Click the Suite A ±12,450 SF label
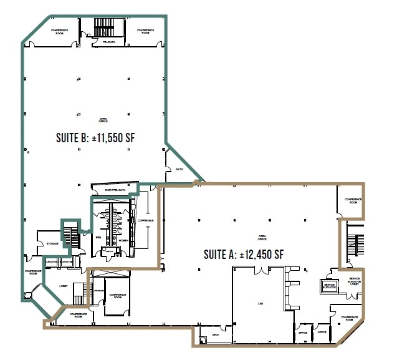coord(244,254)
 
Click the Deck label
coord(216,335)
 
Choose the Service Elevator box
coord(329,285)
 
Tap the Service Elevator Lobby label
coord(355,282)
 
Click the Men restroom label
coord(98,237)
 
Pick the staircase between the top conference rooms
coord(100,27)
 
